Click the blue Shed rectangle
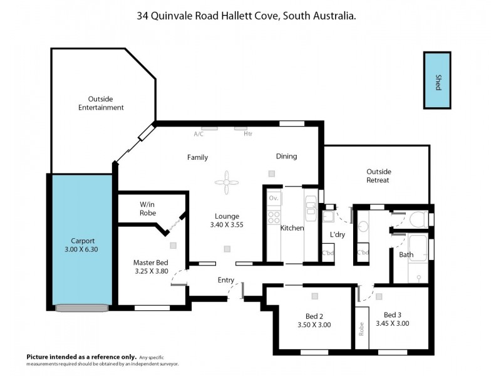click(x=437, y=80)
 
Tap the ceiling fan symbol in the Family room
click(x=226, y=182)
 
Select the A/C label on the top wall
click(x=199, y=134)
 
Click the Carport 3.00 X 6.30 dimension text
click(x=81, y=249)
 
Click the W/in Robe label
click(x=147, y=207)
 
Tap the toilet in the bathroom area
click(x=417, y=220)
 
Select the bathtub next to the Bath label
click(x=418, y=257)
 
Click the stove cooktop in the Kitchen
click(x=274, y=217)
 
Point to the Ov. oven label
click(x=273, y=198)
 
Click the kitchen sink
click(x=311, y=201)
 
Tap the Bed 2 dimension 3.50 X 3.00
click(x=314, y=325)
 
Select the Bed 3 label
click(x=393, y=315)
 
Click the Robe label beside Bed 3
click(x=361, y=328)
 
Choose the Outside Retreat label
click(x=378, y=175)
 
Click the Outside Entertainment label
click(x=101, y=103)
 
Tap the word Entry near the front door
click(x=226, y=280)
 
